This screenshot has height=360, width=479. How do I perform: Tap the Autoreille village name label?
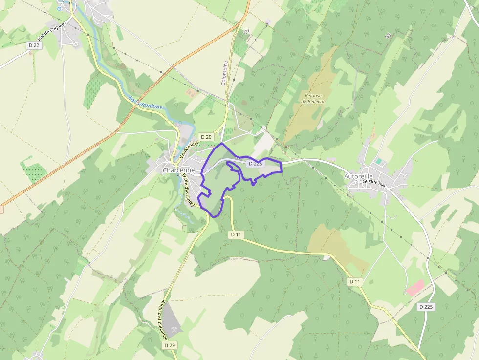(x=359, y=176)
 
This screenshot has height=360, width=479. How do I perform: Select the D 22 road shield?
(x=33, y=45)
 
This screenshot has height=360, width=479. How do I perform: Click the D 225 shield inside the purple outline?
(x=255, y=164)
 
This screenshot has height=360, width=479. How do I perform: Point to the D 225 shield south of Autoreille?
(x=426, y=307)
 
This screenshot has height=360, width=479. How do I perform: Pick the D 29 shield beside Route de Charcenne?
(x=169, y=345)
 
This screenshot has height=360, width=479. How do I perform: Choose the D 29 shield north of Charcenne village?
(x=206, y=137)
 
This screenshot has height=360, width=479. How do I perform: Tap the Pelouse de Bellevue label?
(x=311, y=98)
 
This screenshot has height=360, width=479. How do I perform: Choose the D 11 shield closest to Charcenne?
(x=236, y=234)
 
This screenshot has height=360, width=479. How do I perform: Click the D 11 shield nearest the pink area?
(x=355, y=282)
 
